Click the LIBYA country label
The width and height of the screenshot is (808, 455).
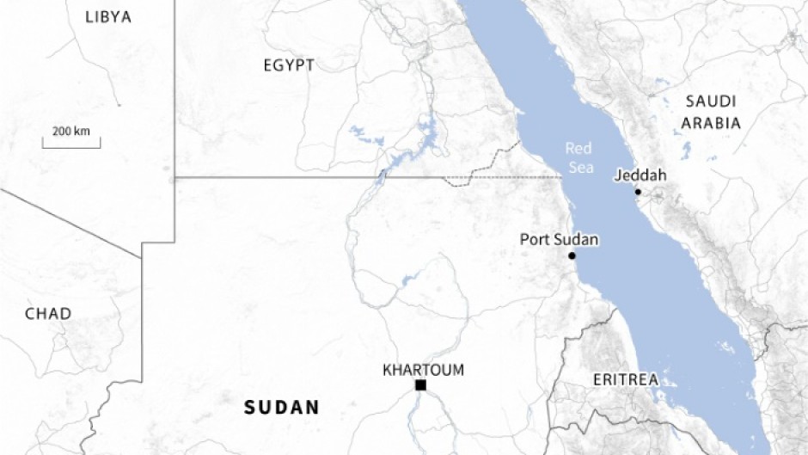(x=108, y=17)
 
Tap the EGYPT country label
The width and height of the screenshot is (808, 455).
(x=289, y=65)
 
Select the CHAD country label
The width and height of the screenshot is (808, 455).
(x=48, y=314)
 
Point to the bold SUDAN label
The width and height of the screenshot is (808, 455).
(x=282, y=408)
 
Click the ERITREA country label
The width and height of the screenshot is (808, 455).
(x=625, y=379)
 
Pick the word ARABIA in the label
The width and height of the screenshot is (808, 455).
(x=711, y=123)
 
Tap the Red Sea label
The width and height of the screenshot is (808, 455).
(x=579, y=158)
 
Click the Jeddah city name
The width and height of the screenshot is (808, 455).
(x=641, y=176)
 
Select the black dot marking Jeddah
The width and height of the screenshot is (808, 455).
(x=638, y=192)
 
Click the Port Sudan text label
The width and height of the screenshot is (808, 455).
(x=559, y=240)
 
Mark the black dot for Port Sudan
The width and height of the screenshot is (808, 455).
(x=572, y=255)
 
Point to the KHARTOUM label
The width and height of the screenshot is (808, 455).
(x=423, y=371)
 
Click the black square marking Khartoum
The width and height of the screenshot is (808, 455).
(x=420, y=385)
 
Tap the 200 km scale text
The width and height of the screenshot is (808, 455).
(x=70, y=132)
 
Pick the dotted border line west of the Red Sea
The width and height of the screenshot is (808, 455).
(x=507, y=177)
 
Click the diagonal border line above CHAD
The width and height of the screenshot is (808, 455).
(x=69, y=222)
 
